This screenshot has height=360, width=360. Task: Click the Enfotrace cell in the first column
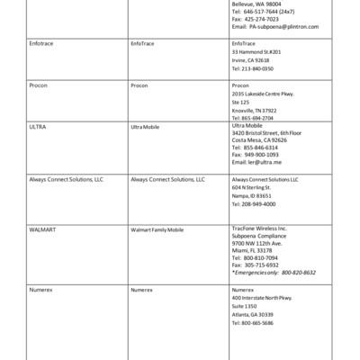(x=41, y=43)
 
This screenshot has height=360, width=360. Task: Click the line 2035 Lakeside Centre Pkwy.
(x=264, y=94)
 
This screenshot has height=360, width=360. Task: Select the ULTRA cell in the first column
(x=39, y=127)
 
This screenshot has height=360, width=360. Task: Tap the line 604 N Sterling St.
(x=252, y=187)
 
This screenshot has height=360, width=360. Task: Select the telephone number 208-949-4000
(x=256, y=203)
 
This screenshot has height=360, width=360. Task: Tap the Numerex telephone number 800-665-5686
(x=256, y=321)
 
